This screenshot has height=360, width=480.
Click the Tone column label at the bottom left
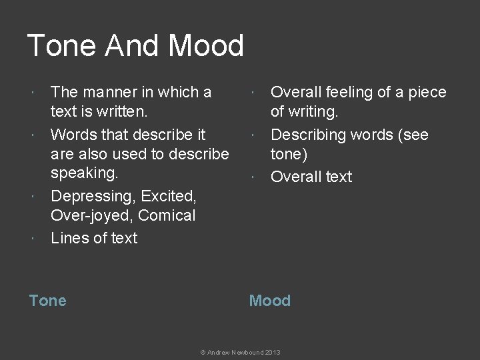[x=48, y=301]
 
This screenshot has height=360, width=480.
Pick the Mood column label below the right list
[x=269, y=301]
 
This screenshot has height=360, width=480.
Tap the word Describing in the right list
[x=307, y=135]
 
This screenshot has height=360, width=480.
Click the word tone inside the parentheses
[x=287, y=154]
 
